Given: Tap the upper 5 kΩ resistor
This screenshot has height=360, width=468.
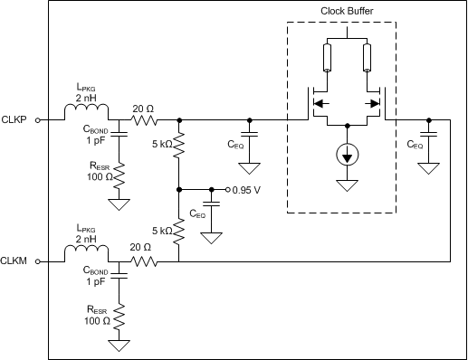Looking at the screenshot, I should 179,145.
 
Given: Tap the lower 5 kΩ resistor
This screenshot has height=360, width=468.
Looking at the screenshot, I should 179,232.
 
